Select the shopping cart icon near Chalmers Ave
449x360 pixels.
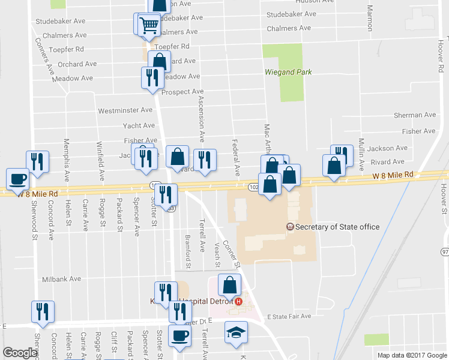(148, 25)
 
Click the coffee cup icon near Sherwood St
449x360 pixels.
(17, 178)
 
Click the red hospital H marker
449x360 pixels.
(239, 301)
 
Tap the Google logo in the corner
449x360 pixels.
(19, 352)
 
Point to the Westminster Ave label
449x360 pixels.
(125, 110)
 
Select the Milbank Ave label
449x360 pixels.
(61, 279)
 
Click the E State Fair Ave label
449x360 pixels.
(289, 316)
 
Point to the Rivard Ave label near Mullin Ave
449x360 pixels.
(387, 161)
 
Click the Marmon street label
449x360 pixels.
(370, 18)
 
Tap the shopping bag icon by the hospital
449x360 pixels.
(229, 285)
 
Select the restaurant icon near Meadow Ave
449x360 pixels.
(151, 77)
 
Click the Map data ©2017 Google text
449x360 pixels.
(412, 355)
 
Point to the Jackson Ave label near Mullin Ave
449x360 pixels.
(387, 148)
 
